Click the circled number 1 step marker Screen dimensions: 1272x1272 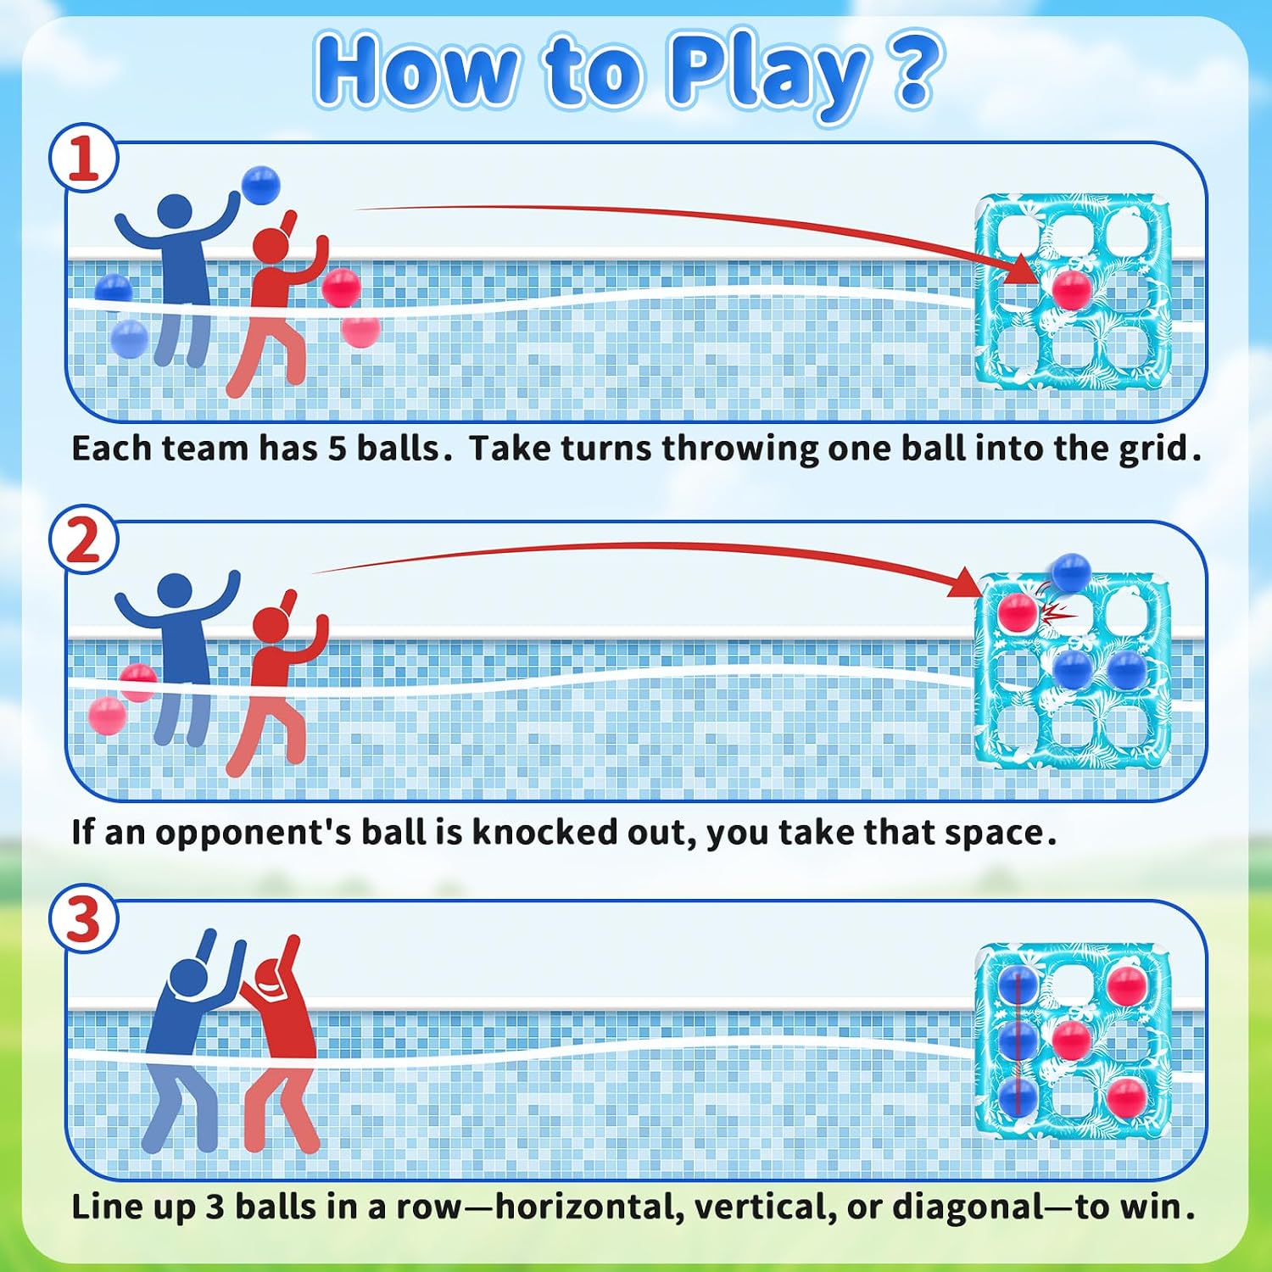pos(83,159)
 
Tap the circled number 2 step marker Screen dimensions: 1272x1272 pos(83,540)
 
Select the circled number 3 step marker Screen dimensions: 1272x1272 pos(83,918)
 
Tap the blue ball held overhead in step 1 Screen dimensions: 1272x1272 pos(260,185)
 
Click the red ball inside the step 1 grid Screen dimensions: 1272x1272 pos(1071,290)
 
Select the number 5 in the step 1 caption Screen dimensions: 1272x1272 pos(338,449)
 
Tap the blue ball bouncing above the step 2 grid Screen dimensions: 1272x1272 pos(1070,572)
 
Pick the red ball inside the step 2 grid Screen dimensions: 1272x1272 pos(1017,612)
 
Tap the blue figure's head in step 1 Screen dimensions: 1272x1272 pos(176,212)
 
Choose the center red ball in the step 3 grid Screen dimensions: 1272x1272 pos(1071,1040)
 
